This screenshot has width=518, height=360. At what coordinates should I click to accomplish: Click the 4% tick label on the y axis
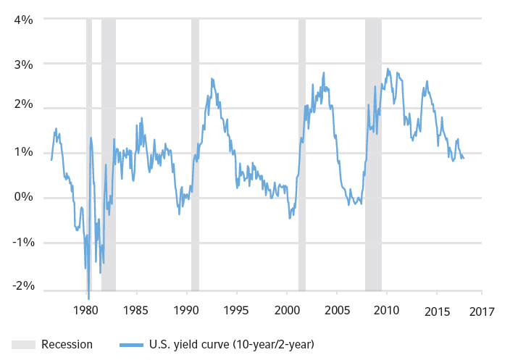click(23, 20)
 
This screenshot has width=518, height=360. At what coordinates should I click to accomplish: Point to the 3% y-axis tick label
click(23, 64)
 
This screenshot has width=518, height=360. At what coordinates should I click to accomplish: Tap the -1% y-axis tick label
click(22, 242)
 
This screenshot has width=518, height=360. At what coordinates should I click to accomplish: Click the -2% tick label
click(22, 286)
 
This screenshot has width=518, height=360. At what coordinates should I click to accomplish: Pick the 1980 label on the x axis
click(85, 312)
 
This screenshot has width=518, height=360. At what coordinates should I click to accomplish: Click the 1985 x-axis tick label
click(135, 312)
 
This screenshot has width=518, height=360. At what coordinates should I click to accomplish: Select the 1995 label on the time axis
click(236, 312)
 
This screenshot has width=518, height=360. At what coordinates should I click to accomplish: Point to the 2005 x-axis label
click(336, 312)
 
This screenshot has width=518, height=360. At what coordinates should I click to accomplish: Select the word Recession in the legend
click(67, 344)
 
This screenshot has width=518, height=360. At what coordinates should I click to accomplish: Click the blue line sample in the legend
click(128, 344)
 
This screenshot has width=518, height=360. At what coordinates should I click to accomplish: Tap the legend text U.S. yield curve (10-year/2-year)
click(231, 344)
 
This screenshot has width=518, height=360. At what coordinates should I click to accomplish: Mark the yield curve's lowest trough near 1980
click(89, 298)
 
